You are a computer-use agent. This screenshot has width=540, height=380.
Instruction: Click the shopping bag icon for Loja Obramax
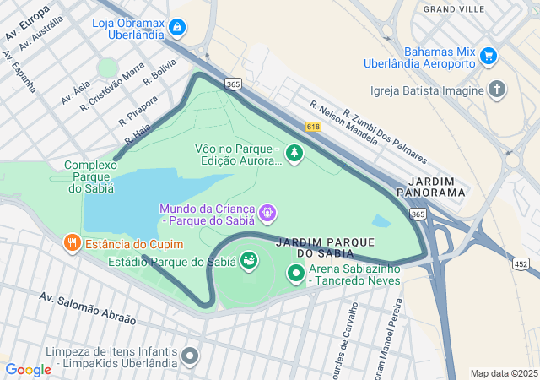(x=176, y=28)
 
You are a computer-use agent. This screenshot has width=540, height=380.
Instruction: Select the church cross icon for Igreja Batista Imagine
(x=498, y=90)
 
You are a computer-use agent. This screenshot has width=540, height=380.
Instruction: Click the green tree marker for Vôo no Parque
(x=294, y=153)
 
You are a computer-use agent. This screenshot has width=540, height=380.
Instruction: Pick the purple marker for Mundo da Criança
(x=267, y=213)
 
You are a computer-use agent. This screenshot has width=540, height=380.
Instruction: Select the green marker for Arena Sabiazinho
(x=296, y=273)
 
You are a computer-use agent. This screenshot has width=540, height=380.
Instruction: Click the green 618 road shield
(x=314, y=126)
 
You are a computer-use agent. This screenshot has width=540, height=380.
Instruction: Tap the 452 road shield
(x=521, y=264)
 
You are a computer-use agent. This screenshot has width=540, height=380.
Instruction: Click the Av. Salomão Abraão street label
(x=87, y=308)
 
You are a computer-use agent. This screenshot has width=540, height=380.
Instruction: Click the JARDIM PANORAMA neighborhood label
(x=436, y=187)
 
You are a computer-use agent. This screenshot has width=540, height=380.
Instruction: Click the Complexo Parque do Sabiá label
(x=89, y=176)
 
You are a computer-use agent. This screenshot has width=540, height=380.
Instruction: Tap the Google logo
(x=29, y=369)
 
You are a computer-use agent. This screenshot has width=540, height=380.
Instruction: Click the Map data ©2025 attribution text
(x=503, y=372)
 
